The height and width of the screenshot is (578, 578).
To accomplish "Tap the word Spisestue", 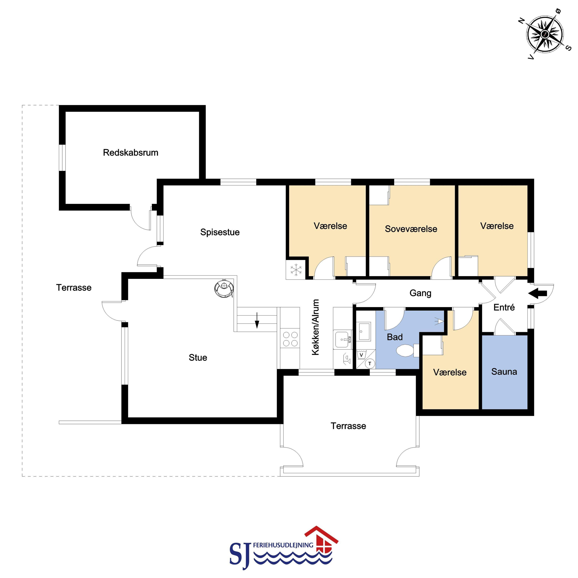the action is coord(220,232).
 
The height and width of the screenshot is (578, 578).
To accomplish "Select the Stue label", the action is coord(198,357).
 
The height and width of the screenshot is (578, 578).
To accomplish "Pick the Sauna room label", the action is coord(504,372).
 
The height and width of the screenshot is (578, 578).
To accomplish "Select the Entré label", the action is coord(504,307).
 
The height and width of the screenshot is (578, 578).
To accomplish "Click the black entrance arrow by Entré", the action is coord(538,294).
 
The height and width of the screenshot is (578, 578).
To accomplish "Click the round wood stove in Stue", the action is coord(224,288).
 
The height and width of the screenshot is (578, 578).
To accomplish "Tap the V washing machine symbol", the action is coord(361,355).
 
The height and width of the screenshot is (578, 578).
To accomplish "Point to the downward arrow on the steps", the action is coord(257,320).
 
